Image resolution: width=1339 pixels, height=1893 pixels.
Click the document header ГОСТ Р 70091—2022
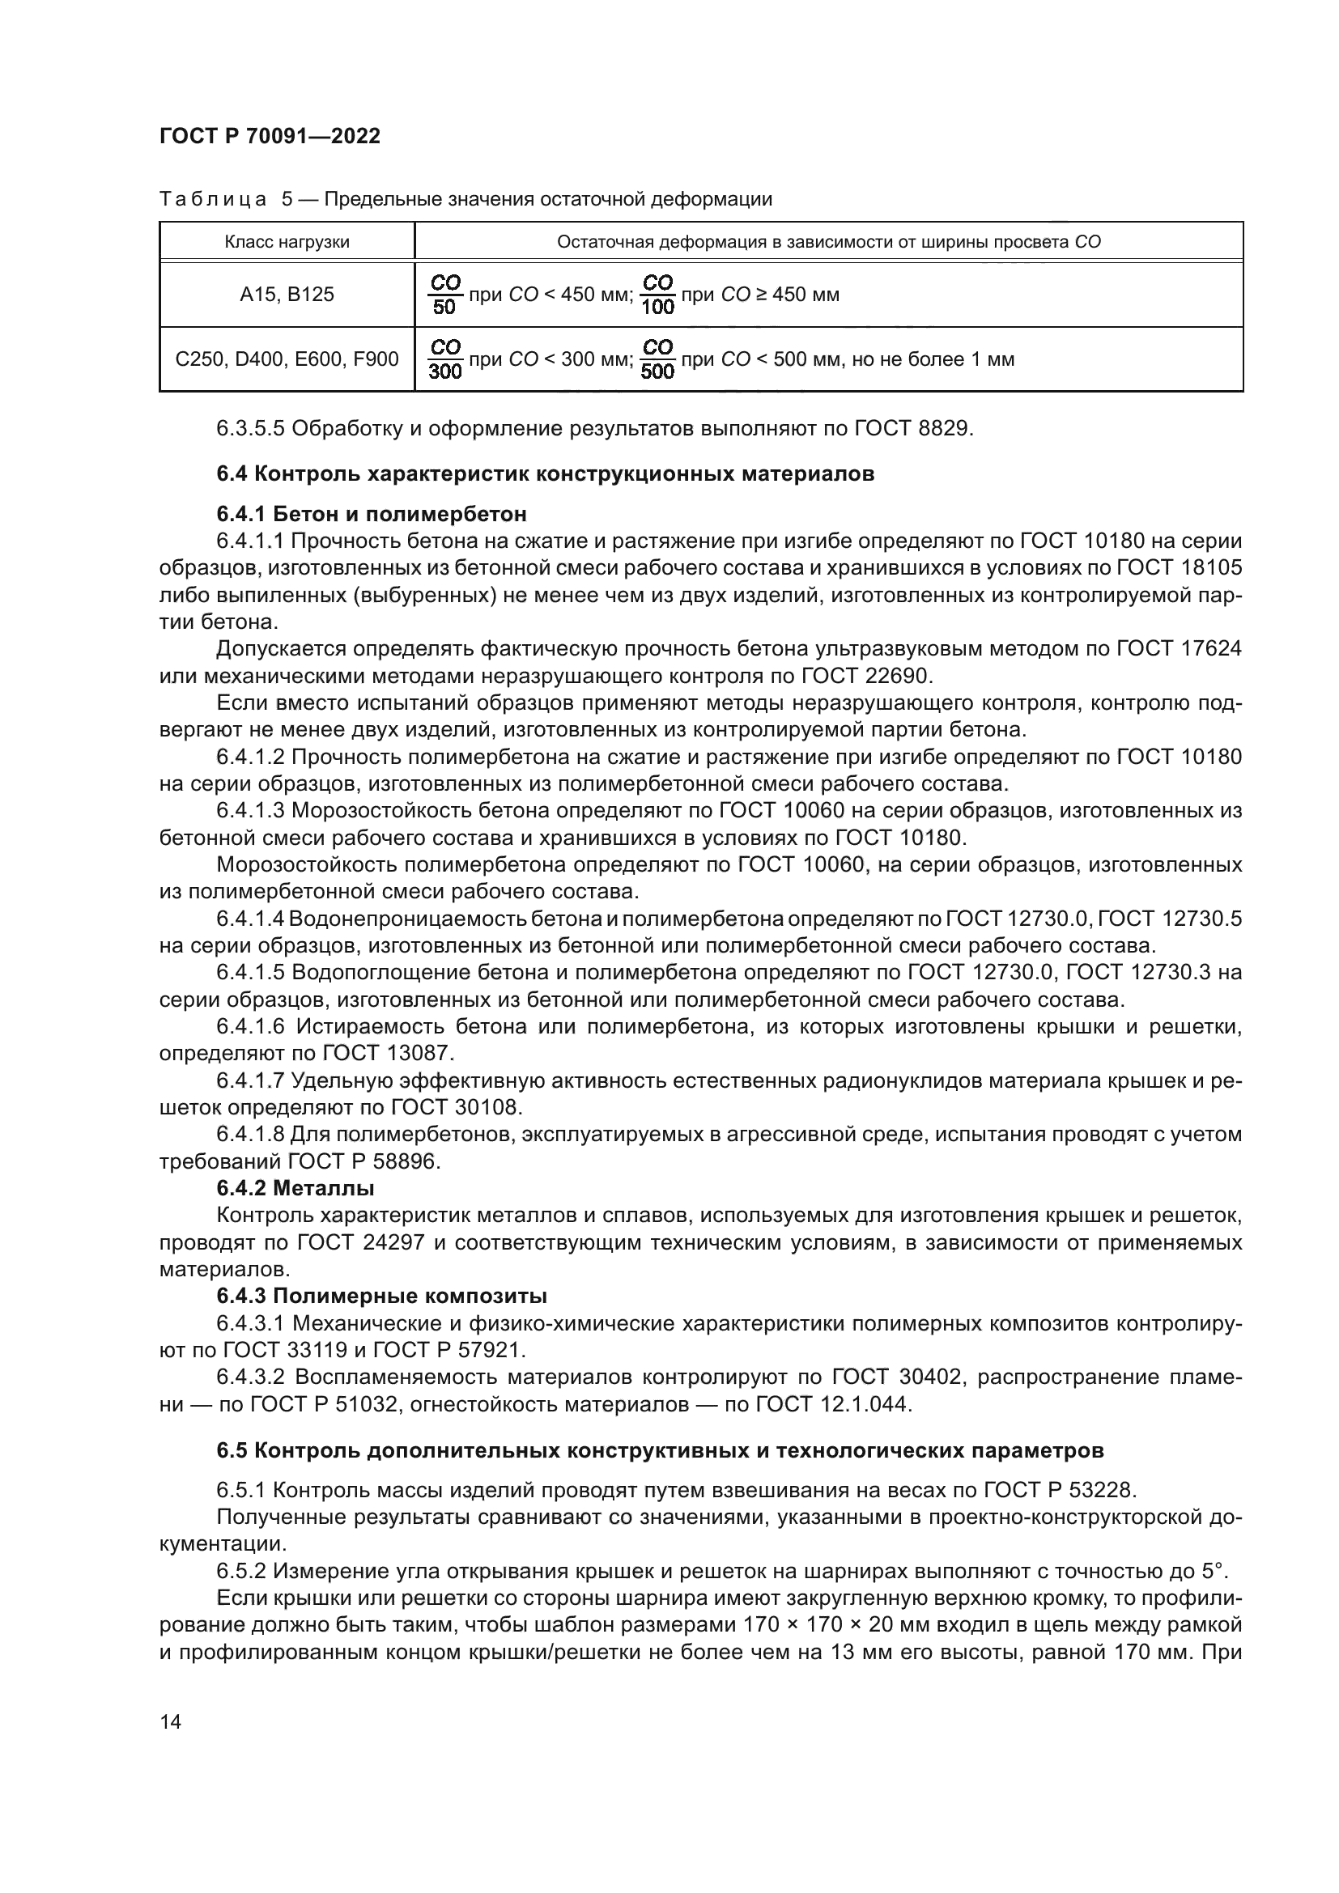[270, 137]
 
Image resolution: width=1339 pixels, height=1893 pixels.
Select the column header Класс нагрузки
[287, 243]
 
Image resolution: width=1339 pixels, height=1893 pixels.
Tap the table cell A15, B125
[287, 295]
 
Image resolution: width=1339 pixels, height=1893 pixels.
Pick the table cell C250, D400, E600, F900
[287, 359]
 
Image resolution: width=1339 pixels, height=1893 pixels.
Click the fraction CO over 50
[444, 295]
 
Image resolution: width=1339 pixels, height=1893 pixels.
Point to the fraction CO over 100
[657, 295]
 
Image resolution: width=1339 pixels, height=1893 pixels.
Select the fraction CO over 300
[445, 359]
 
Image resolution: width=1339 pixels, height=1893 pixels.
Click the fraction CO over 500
[657, 359]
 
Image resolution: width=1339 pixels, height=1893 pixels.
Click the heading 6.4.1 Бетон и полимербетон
[371, 515]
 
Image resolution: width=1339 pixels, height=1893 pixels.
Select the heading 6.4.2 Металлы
[295, 1188]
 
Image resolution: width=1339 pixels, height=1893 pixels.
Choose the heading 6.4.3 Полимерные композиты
[382, 1296]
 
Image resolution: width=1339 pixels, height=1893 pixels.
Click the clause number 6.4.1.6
[250, 1027]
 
